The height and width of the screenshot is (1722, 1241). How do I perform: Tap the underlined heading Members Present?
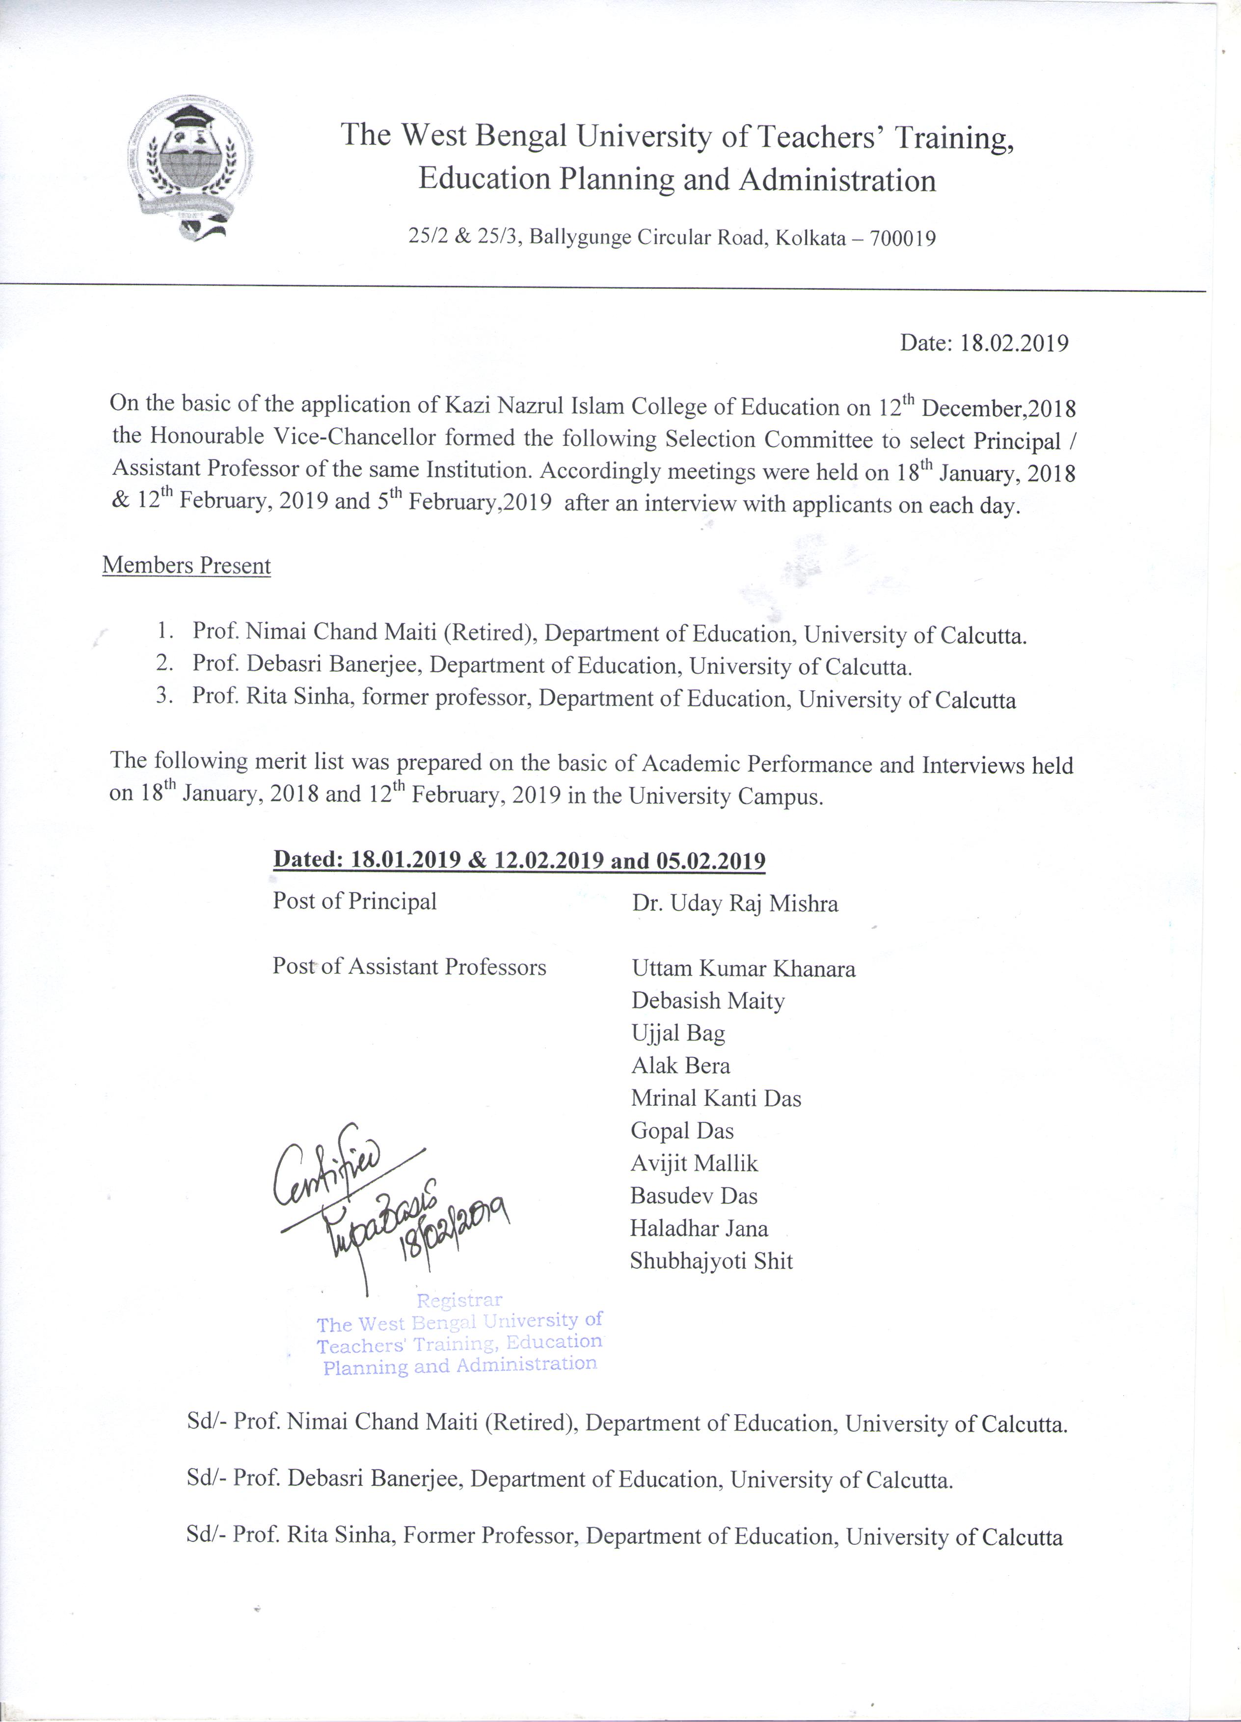187,566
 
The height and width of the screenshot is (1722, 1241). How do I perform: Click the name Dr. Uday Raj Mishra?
735,903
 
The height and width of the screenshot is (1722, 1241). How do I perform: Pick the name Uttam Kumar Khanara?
743,969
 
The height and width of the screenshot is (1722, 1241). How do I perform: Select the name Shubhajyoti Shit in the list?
711,1261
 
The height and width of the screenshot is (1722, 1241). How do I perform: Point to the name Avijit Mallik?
694,1163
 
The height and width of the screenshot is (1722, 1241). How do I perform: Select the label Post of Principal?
354,901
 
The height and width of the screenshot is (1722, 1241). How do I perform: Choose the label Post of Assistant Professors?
409,967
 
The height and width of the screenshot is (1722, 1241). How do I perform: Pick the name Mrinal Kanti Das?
716,1098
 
